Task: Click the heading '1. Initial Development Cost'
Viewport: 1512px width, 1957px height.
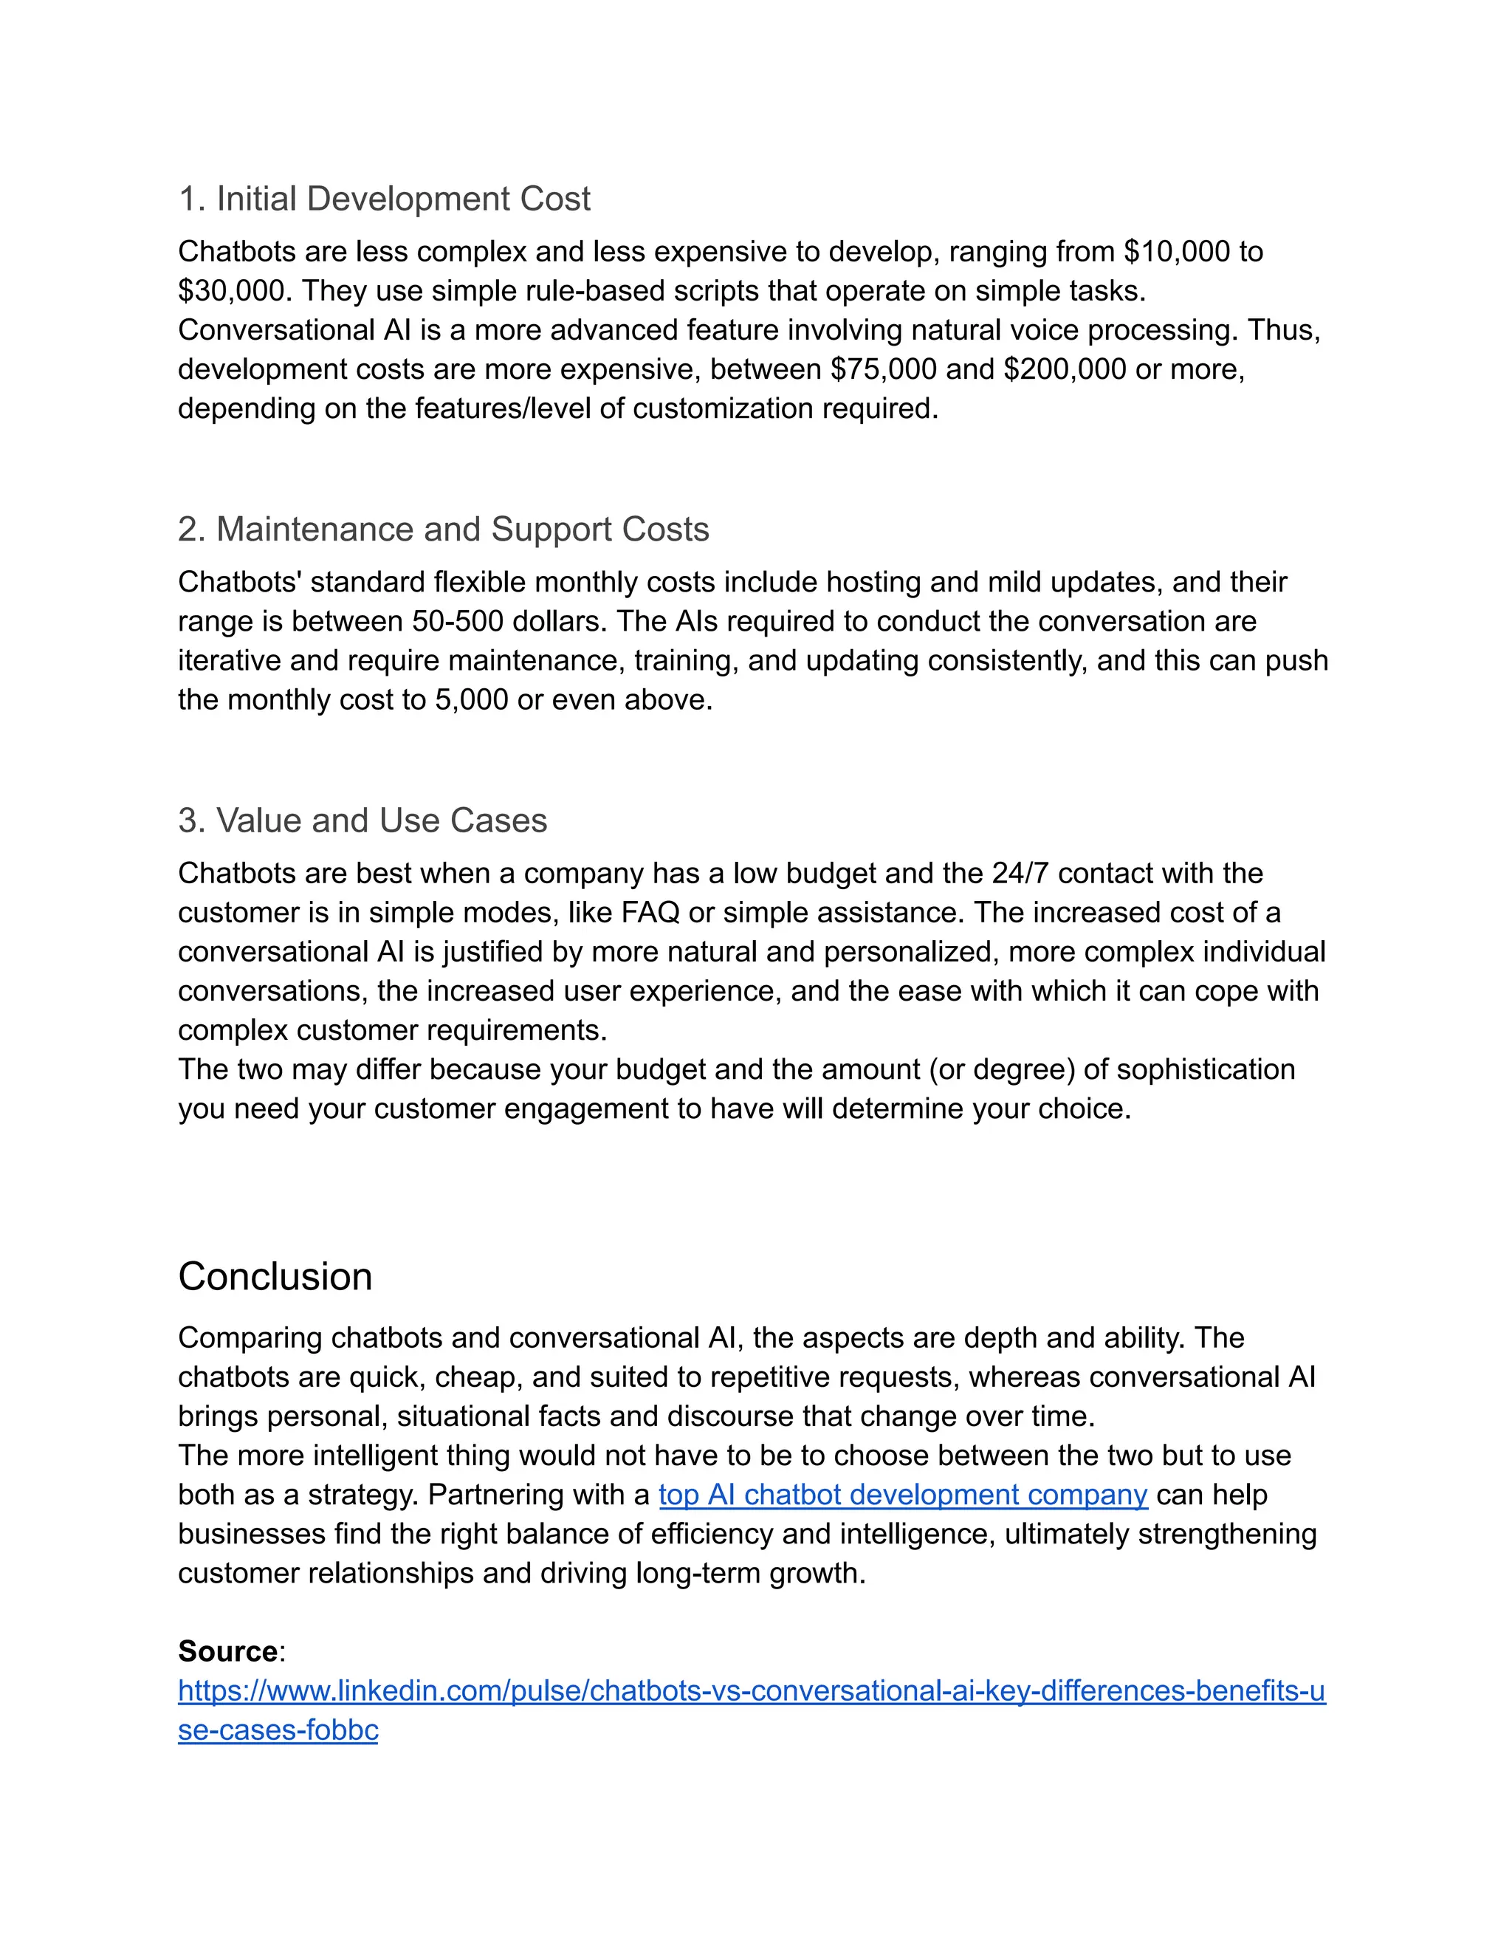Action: click(x=384, y=198)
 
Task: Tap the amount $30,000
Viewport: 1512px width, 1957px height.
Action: click(x=230, y=290)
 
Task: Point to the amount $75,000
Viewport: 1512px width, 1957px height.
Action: click(x=883, y=369)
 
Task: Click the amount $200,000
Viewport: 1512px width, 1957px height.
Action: click(x=1064, y=369)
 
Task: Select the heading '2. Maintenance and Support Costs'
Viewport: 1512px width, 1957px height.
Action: click(x=444, y=529)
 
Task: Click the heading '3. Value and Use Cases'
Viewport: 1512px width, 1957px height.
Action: click(x=362, y=820)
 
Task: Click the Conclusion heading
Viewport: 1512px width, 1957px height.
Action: click(x=275, y=1276)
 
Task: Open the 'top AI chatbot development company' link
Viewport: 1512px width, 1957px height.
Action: click(x=903, y=1495)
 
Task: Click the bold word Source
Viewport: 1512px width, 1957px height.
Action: click(x=227, y=1651)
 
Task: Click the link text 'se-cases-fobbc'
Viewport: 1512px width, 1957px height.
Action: click(x=278, y=1730)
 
